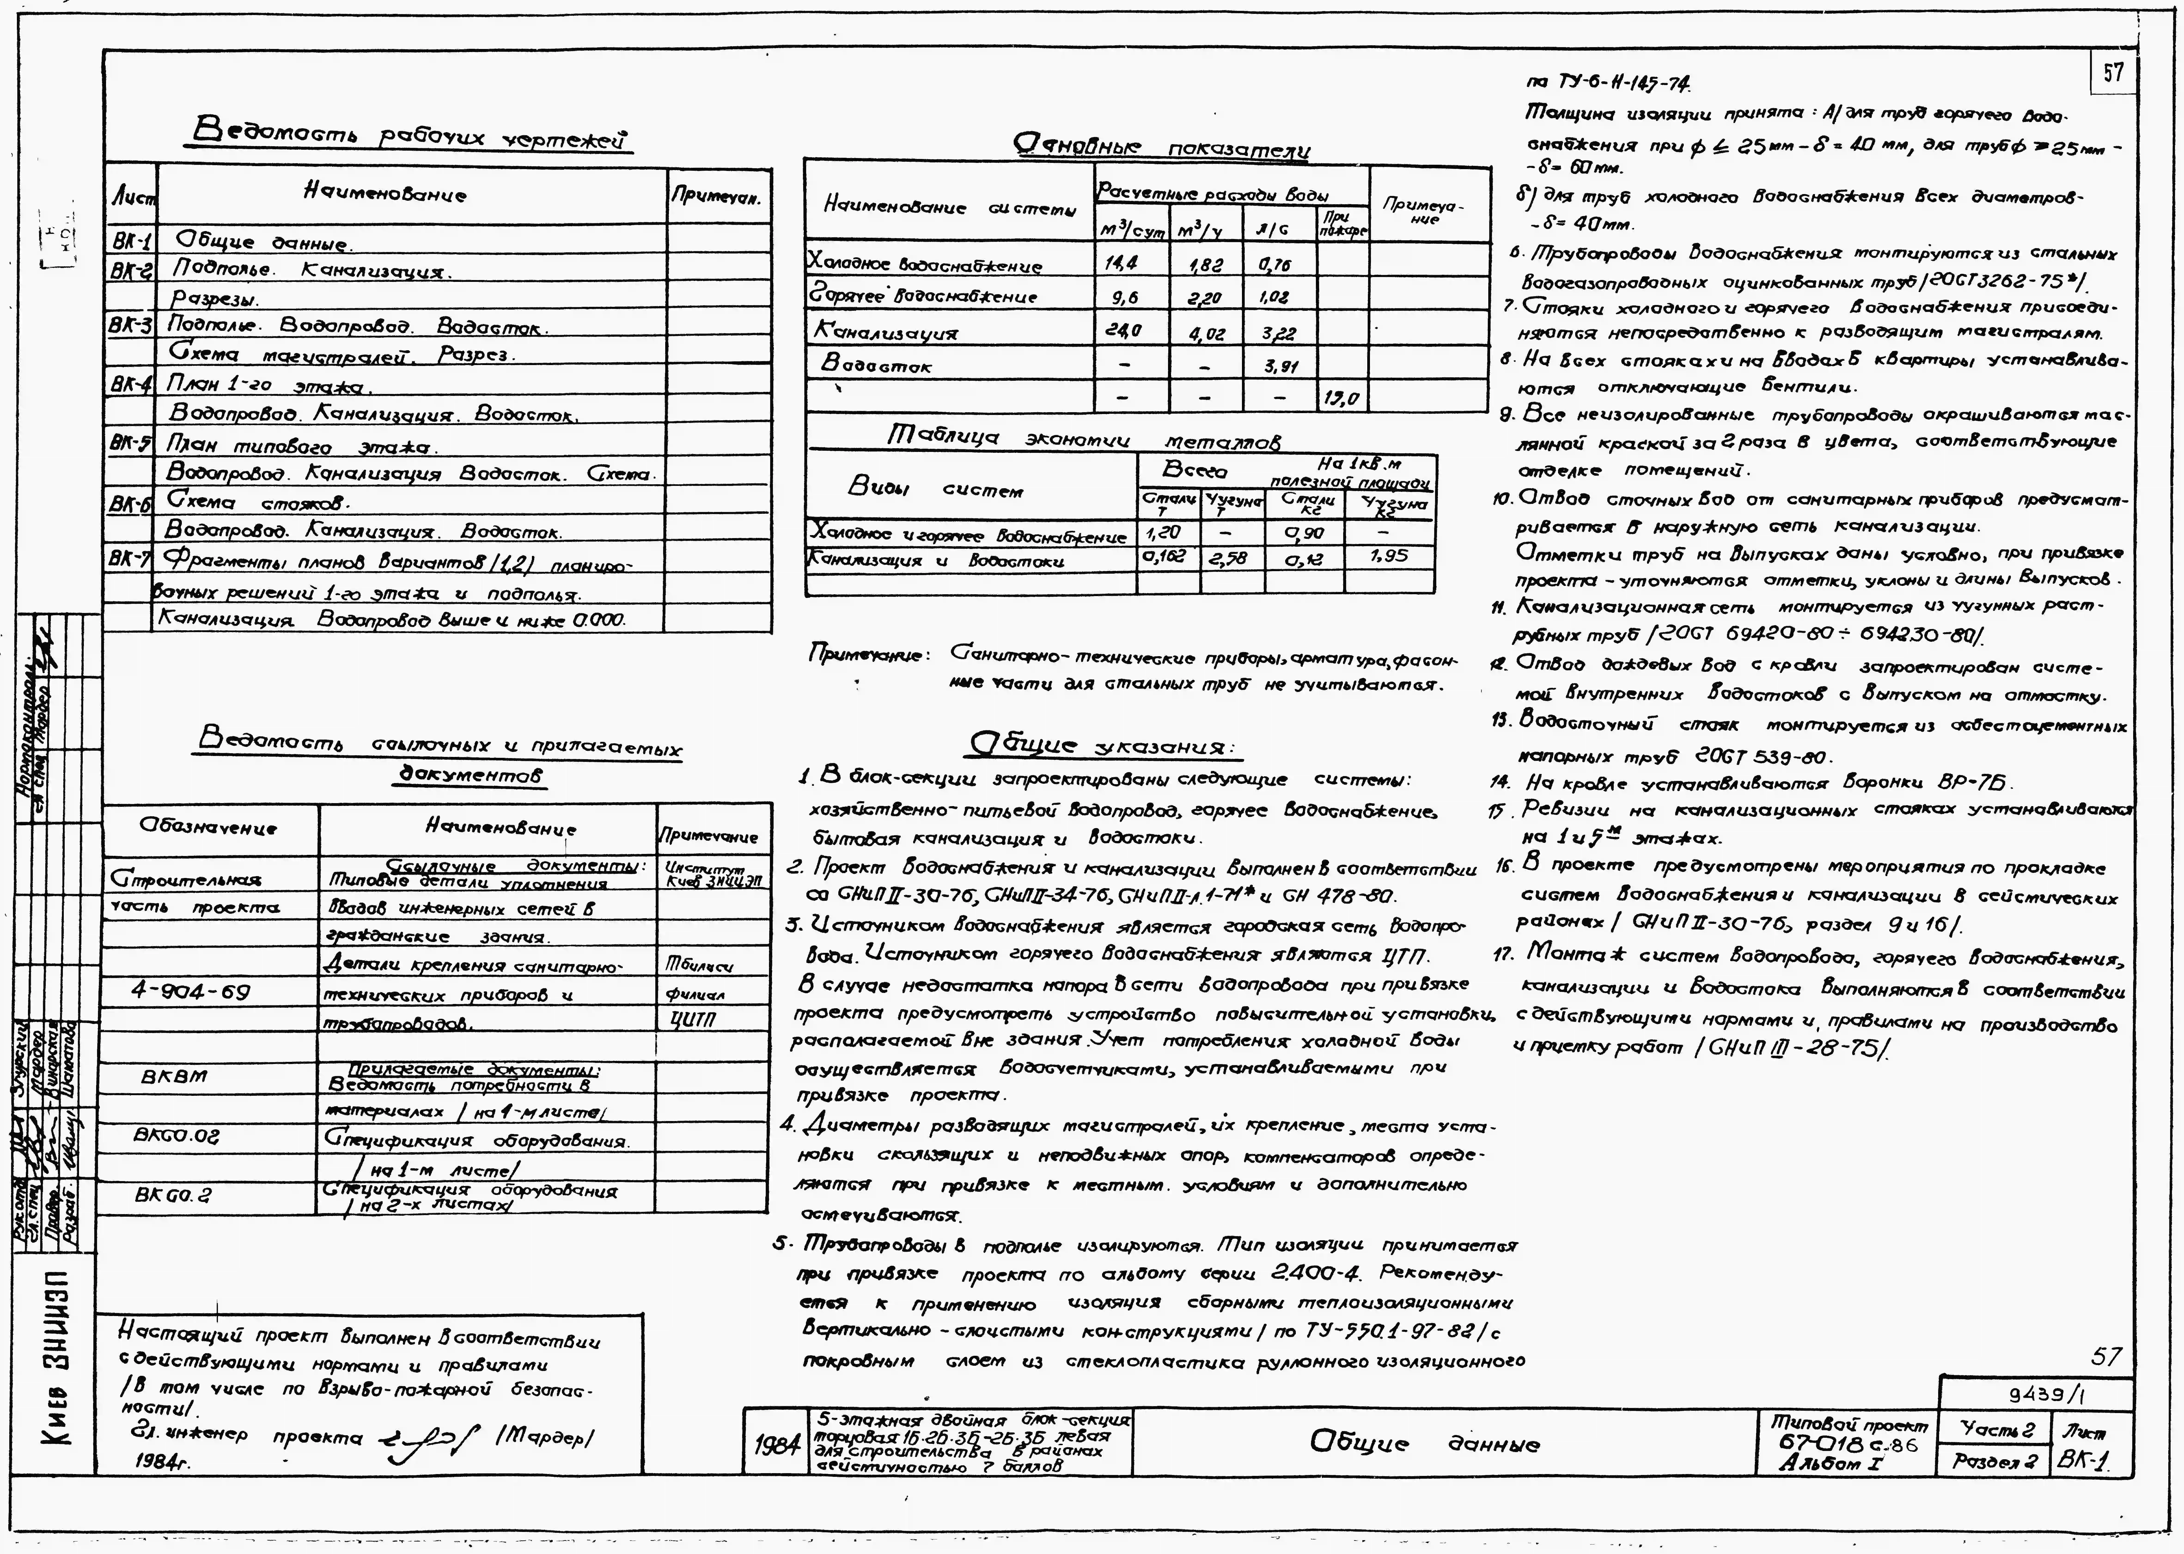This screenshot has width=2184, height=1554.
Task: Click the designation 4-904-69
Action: [190, 991]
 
